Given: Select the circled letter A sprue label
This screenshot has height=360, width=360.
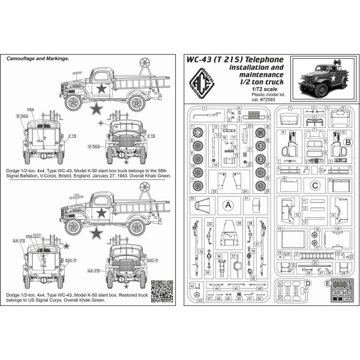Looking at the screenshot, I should (x=227, y=204).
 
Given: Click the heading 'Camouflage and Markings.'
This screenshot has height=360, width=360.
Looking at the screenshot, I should (x=37, y=59).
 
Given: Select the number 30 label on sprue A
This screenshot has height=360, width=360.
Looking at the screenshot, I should (x=191, y=197).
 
